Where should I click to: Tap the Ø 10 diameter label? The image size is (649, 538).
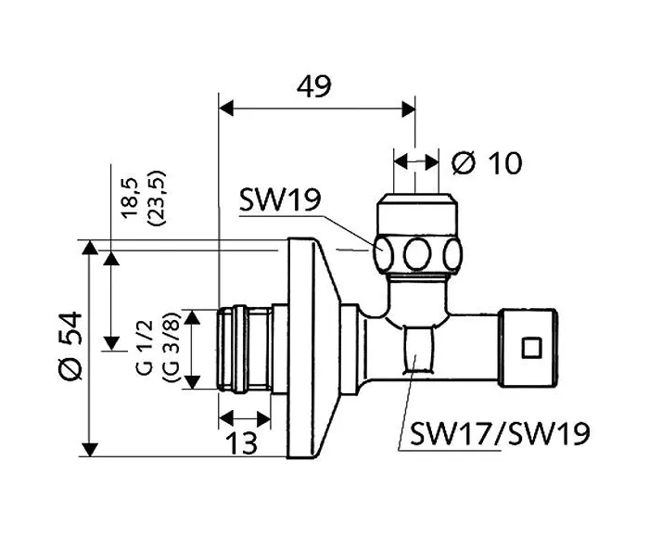pos(487,163)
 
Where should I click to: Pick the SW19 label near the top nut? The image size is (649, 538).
pos(279,199)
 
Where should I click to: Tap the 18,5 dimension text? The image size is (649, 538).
pos(129,197)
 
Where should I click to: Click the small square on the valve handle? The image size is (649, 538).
pos(531,349)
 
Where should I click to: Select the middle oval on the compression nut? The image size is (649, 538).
pos(419,252)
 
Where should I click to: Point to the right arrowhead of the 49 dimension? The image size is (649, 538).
pos(408,109)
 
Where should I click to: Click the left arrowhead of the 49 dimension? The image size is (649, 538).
pos(224,109)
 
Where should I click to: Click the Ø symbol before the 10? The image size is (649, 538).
pos(464,163)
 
